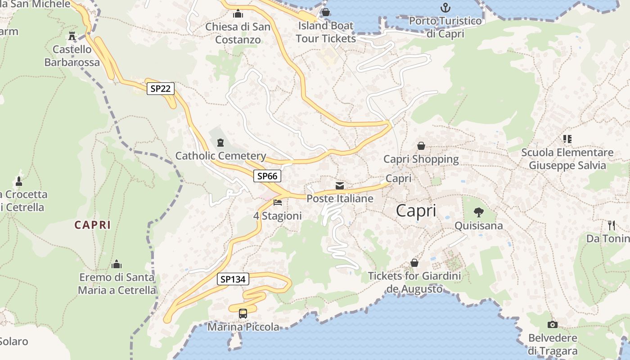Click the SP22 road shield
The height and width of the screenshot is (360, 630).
coord(161,88)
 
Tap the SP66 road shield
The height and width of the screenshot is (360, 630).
coord(267,176)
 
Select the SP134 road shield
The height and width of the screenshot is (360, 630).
coord(233,279)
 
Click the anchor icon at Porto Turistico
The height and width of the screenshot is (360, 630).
coord(445,8)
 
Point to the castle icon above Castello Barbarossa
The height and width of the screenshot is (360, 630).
coord(72,36)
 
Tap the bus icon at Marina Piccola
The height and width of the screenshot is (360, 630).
coord(243,313)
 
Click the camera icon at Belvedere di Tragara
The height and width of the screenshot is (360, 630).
coord(553,324)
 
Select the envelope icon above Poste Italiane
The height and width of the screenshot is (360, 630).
coord(340,185)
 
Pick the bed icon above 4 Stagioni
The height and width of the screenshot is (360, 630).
coord(278,202)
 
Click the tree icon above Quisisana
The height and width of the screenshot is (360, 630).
coord(479,212)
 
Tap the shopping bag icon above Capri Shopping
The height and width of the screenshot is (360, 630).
coord(421,146)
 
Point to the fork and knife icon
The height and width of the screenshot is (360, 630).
coord(611,225)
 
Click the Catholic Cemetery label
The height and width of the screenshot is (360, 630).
coord(220,156)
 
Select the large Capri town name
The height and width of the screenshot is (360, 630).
coord(416,211)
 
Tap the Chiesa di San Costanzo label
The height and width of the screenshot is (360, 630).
coord(238,33)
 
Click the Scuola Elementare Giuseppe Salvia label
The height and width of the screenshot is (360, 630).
coord(567,159)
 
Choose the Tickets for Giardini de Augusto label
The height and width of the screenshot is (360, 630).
coord(414,282)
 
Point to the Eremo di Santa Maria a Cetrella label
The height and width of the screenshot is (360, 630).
coord(117,283)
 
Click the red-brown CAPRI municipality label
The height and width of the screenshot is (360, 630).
coord(93,225)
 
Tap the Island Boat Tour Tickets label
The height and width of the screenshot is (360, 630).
coord(326,32)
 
